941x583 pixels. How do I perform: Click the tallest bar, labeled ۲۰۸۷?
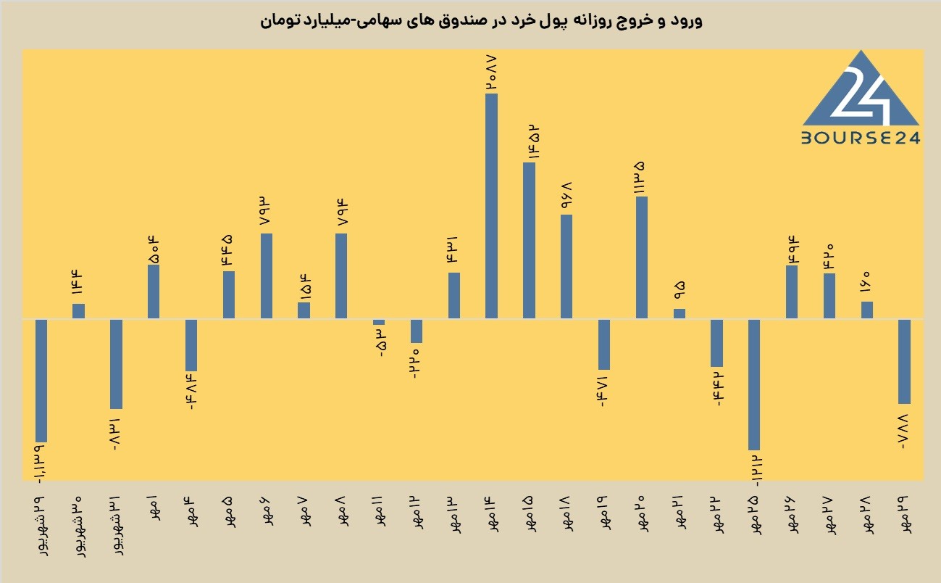(491, 206)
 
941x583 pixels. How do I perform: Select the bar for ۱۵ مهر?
(529, 240)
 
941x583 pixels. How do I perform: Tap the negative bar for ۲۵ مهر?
(754, 384)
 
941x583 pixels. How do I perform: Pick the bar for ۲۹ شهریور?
(41, 381)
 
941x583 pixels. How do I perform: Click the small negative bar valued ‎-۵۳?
(379, 322)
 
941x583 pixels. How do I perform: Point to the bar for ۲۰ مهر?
(642, 257)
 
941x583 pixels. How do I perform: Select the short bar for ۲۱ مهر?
(679, 313)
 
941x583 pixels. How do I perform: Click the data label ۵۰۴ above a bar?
(154, 250)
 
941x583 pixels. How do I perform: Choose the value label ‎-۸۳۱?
(115, 435)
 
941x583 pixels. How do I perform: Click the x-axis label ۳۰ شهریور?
(80, 526)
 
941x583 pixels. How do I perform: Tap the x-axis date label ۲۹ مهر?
(905, 515)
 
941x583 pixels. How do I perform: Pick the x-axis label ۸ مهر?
(341, 511)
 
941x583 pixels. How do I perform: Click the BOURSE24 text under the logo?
(861, 138)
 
